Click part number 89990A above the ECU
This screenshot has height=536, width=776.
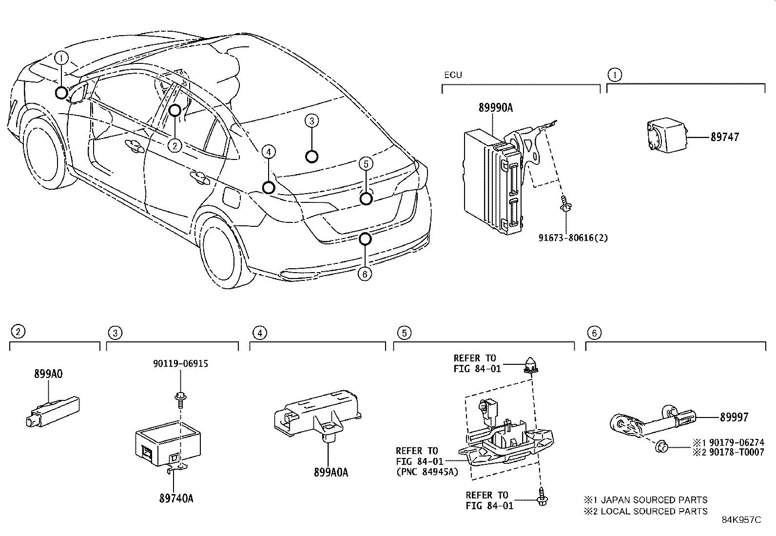(495, 108)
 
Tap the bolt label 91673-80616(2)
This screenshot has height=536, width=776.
(573, 238)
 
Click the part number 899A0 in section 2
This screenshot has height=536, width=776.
(48, 374)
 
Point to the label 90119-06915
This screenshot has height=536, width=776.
(180, 364)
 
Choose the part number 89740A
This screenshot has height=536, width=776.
(176, 498)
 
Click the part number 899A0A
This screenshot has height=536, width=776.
(331, 472)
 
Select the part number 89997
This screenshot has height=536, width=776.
(734, 417)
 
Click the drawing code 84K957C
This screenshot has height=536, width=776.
(741, 520)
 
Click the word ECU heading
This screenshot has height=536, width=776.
(452, 75)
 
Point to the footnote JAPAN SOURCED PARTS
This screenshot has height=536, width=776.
(653, 500)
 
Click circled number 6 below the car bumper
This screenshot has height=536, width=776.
(364, 274)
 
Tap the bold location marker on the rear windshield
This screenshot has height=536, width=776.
(311, 156)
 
